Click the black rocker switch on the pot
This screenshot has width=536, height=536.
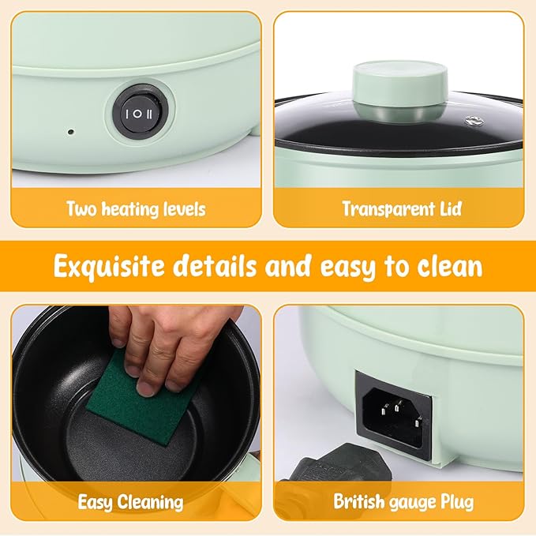click(137, 114)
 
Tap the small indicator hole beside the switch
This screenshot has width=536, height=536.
click(71, 131)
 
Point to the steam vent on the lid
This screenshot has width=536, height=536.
click(474, 120)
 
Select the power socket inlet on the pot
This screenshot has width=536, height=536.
click(394, 414)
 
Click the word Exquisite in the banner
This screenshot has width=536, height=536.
click(110, 267)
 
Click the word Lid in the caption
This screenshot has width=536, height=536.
click(451, 208)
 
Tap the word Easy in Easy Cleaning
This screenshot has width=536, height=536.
click(95, 503)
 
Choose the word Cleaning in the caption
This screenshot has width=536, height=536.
click(151, 503)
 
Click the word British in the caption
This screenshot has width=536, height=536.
click(359, 501)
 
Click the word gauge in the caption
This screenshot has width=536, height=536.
click(412, 503)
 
